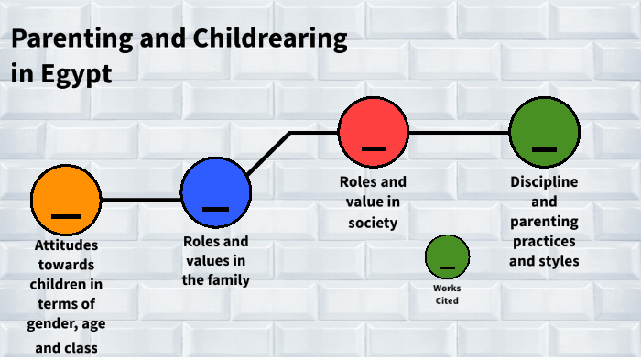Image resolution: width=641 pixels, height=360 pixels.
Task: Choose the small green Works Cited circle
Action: point(447,256)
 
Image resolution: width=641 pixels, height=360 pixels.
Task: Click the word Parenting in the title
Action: point(70,39)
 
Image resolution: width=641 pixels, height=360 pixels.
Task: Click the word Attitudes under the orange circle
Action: point(66,246)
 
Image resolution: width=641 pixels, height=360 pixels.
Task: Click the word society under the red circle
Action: point(373,222)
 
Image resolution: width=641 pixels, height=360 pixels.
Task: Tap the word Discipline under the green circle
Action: point(544,182)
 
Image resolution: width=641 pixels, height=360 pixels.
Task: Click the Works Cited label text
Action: point(447,294)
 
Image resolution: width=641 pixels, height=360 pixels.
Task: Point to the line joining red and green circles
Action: point(458,133)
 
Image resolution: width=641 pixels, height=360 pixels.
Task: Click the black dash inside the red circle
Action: point(373,148)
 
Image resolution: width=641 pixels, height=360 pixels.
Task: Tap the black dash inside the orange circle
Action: point(66,216)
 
